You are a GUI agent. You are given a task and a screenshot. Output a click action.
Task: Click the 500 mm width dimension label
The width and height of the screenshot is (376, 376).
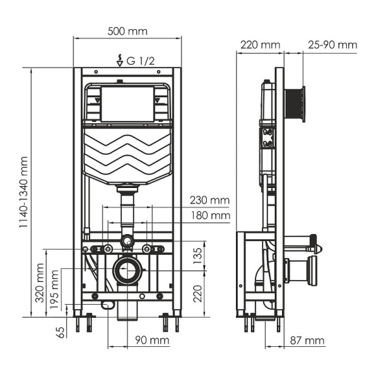127,31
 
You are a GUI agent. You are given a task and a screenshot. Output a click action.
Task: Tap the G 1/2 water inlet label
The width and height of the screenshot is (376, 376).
141,62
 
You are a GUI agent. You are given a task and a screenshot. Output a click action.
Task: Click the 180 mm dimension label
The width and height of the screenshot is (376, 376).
210,215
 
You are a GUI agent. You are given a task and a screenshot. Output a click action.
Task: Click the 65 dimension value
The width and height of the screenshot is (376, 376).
61,332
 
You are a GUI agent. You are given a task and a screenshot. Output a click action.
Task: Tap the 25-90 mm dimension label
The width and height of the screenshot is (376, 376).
333,45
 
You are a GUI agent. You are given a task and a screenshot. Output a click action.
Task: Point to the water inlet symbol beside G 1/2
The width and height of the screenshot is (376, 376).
119,61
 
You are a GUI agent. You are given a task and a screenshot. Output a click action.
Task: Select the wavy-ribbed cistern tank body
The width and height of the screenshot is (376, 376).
127,156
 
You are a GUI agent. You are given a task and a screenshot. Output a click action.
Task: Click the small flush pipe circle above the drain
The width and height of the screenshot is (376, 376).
127,242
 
